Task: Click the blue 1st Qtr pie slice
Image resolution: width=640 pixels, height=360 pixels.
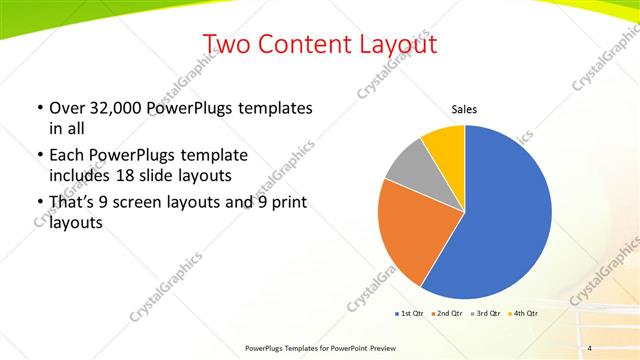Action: click(505, 215)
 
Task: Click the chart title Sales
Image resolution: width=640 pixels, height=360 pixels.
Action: click(464, 109)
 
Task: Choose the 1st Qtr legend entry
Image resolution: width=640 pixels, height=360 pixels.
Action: click(410, 314)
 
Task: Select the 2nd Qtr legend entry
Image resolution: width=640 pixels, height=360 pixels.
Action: click(447, 314)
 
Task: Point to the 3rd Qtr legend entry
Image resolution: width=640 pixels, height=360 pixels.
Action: click(485, 314)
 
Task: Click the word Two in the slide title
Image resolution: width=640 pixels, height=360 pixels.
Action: click(225, 44)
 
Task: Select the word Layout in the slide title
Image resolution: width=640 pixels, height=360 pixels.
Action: click(388, 44)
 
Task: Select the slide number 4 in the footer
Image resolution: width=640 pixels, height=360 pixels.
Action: click(590, 348)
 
